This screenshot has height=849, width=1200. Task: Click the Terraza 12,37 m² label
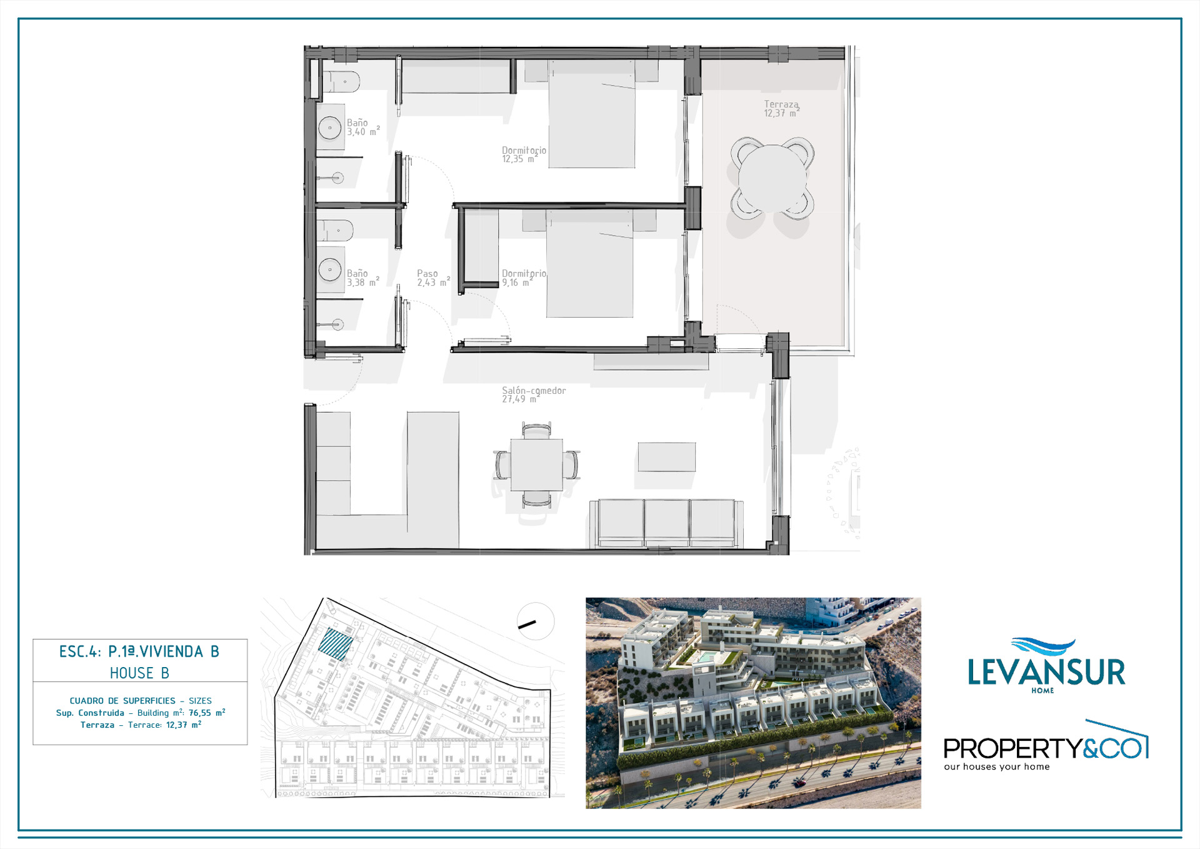tap(781, 109)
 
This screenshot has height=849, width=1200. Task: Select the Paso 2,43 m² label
tap(433, 278)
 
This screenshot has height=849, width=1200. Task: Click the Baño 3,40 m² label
tap(363, 128)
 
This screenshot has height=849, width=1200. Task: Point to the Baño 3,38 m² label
tap(363, 278)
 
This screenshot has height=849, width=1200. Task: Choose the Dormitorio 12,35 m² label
tap(524, 154)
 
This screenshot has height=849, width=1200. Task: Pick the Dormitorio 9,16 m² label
tap(524, 278)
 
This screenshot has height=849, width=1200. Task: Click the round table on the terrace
tap(772, 179)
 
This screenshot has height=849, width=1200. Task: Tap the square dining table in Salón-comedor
tap(536, 465)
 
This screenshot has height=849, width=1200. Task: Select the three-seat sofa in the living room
tap(666, 523)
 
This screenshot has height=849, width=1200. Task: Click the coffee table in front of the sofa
tap(667, 457)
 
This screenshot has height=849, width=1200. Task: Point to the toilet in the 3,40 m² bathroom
tap(341, 82)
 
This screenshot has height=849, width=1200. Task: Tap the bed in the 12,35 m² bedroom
tap(592, 114)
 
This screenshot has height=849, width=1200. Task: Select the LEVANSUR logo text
tap(1046, 672)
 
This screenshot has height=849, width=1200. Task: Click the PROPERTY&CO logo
tap(1046, 746)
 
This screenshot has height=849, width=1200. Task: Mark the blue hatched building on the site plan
tap(336, 644)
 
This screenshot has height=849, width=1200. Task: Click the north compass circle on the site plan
tap(536, 621)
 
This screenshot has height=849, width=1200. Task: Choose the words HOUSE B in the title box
tap(139, 673)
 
